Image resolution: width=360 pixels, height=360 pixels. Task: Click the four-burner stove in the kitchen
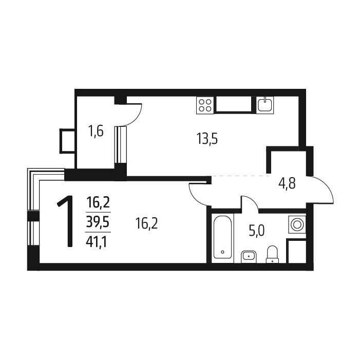coord(205,105)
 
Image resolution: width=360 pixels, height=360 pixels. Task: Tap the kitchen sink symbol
coord(265,105)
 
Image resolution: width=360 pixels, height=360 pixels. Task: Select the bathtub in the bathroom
coord(222,237)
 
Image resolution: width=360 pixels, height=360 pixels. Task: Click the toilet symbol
coord(272,254)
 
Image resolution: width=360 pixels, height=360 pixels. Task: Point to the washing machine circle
coord(297,224)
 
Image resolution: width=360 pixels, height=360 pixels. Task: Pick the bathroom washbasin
coord(249,257)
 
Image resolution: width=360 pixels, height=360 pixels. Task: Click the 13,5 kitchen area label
coord(207,139)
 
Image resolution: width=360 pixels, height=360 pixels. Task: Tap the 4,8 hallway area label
coord(287,183)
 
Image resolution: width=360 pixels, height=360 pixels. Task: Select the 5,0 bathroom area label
coord(257,231)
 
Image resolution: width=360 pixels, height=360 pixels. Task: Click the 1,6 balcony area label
coord(96,131)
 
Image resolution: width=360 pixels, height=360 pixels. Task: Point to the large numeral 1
coord(66,221)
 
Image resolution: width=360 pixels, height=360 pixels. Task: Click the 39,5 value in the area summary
coord(98,222)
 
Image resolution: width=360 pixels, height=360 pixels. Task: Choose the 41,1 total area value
coord(97,242)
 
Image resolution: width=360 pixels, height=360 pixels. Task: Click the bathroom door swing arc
coord(250,203)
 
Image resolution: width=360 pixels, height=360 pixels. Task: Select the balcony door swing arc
coord(134,115)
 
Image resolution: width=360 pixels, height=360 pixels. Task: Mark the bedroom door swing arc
coord(197,194)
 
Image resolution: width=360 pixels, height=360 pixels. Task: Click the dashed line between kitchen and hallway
coord(240,176)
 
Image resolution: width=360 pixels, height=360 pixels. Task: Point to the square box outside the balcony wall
coord(67,141)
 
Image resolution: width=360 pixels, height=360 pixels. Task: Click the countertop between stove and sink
coord(234,105)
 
